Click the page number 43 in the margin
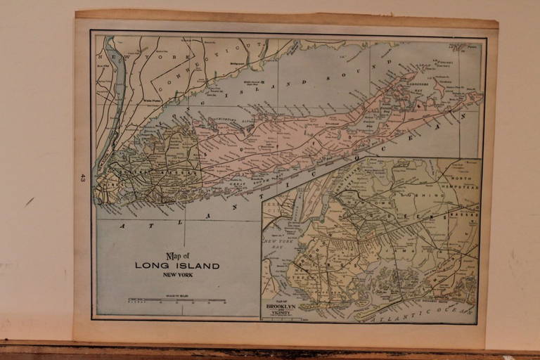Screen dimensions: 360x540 tap(82, 179)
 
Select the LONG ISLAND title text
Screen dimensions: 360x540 tap(177, 266)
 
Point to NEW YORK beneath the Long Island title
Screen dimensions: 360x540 tap(177, 275)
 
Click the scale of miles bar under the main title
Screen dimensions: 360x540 tap(176, 300)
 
